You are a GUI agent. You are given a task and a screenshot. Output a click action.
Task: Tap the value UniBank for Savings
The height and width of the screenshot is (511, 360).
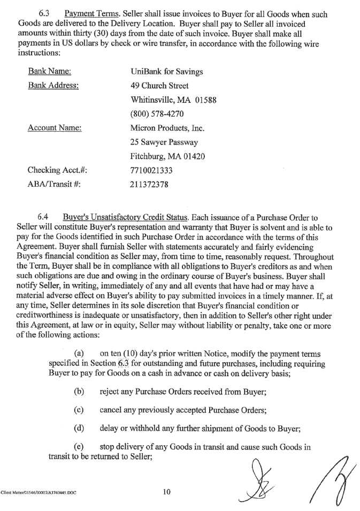pos(166,72)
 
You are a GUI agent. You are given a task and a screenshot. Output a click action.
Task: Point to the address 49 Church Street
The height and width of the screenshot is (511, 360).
pos(159,86)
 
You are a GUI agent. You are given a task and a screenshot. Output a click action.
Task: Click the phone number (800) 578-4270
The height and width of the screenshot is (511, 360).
pos(158,114)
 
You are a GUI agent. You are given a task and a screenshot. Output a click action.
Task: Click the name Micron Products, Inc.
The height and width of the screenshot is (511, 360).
pos(167,128)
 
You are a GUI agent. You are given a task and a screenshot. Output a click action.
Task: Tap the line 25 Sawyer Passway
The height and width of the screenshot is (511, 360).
pos(164,142)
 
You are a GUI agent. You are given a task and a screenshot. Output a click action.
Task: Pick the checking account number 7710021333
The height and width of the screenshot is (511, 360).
pos(153,171)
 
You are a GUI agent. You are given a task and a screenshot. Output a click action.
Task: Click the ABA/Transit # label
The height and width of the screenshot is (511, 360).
pos(57,185)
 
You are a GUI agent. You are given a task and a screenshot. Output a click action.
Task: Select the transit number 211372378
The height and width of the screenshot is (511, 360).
pos(150,185)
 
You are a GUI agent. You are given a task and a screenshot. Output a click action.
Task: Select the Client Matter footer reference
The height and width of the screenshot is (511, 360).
pos(38,493)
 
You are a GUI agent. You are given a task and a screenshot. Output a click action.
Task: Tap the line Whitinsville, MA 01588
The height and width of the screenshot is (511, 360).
pos(173,100)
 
